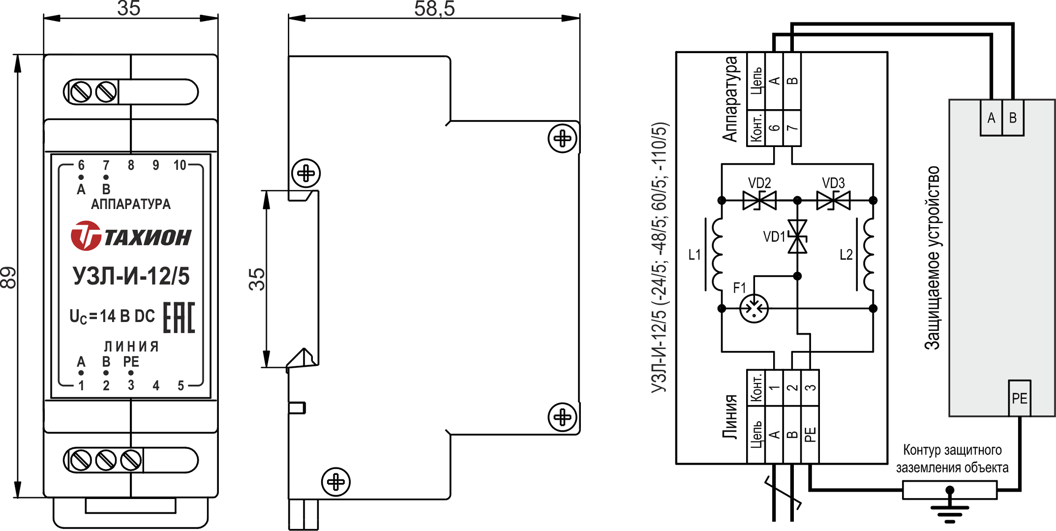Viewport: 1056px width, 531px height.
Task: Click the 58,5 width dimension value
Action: (x=434, y=9)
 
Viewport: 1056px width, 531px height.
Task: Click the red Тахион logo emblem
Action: (x=86, y=236)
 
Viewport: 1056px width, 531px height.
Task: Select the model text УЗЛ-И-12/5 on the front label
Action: (x=131, y=276)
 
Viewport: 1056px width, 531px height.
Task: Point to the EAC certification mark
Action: (x=179, y=318)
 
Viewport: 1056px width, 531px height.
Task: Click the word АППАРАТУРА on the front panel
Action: (x=131, y=204)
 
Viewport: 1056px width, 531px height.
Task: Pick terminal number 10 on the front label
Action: (x=180, y=165)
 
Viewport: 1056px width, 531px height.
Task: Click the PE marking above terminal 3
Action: (x=131, y=362)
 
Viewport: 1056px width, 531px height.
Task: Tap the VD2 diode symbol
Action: (x=759, y=201)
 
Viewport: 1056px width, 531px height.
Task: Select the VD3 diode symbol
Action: (x=833, y=201)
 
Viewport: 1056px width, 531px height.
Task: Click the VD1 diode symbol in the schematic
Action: (x=797, y=236)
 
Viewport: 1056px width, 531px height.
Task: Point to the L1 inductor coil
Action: (x=718, y=255)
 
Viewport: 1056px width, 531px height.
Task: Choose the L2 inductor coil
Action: (x=869, y=255)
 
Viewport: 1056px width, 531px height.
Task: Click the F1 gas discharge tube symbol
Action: (x=754, y=309)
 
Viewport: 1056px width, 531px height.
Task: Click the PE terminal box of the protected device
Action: (x=1019, y=398)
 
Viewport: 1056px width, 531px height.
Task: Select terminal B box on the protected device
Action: (x=1013, y=118)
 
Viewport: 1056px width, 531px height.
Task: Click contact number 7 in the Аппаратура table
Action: (x=792, y=128)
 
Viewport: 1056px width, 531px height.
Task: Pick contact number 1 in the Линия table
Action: (x=774, y=387)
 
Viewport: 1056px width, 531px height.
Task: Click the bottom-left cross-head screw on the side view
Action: (x=336, y=482)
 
